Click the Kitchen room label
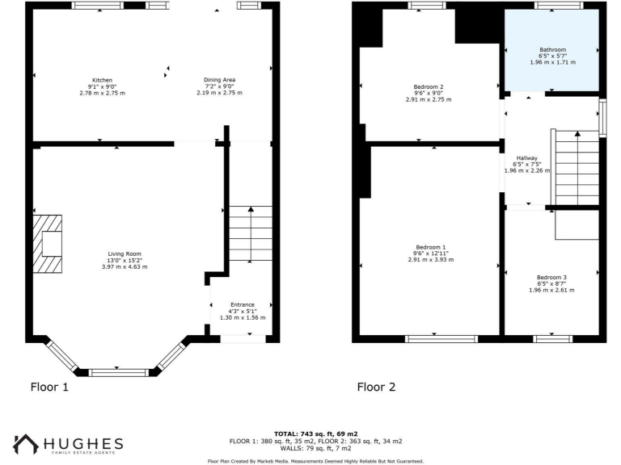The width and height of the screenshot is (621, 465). [102, 81]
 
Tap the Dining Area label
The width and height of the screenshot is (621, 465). [219, 81]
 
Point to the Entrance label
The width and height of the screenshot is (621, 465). [243, 305]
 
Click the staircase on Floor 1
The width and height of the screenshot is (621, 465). [251, 233]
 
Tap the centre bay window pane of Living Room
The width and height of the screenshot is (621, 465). [119, 372]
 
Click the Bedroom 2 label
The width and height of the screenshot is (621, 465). [429, 87]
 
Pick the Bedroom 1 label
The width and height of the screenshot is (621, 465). [430, 247]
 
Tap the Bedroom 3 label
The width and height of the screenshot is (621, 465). [552, 277]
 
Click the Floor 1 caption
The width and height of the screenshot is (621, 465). [49, 387]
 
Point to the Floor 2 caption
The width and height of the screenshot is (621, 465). [377, 387]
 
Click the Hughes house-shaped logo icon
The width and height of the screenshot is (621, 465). [25, 445]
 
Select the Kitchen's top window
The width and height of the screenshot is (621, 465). [97, 6]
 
